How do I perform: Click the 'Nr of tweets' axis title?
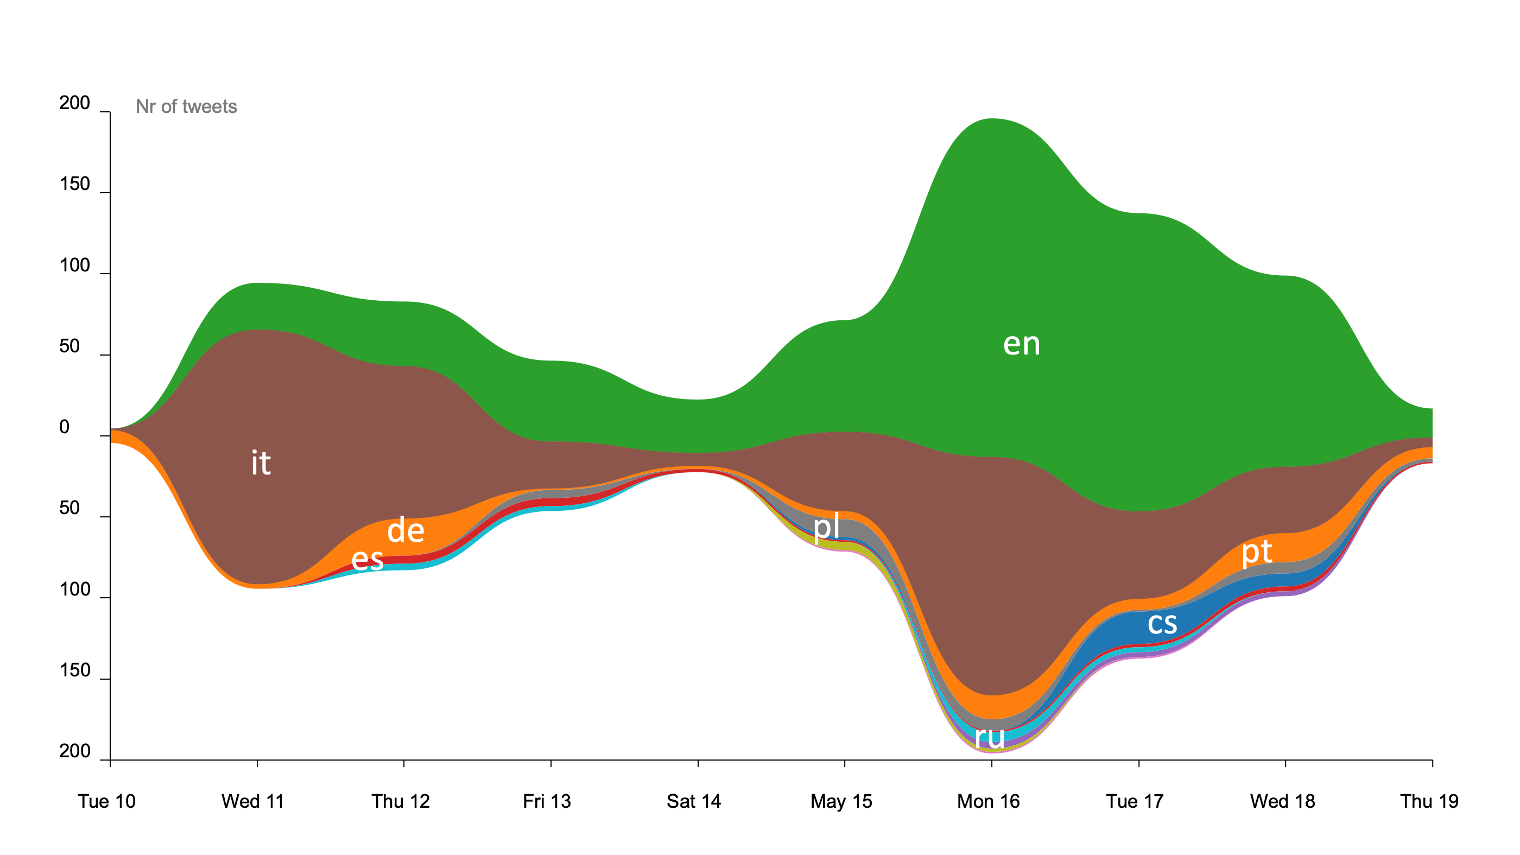(186, 107)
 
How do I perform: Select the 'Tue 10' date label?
(107, 801)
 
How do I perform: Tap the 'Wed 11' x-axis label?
(252, 801)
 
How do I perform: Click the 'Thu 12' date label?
(400, 801)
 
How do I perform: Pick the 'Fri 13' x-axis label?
(547, 801)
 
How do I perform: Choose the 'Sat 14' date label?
(693, 801)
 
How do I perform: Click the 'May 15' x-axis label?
(841, 801)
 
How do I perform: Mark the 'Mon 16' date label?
(988, 801)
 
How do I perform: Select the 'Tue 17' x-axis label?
(1134, 801)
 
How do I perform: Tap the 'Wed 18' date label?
(1282, 801)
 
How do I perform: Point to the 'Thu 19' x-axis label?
(1429, 801)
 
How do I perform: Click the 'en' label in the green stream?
(1022, 344)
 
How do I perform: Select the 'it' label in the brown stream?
(261, 463)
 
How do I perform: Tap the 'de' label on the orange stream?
(406, 530)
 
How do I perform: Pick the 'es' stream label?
(367, 559)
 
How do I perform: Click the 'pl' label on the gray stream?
(826, 527)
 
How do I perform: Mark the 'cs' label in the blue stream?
(1162, 623)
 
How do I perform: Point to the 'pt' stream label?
(1256, 552)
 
